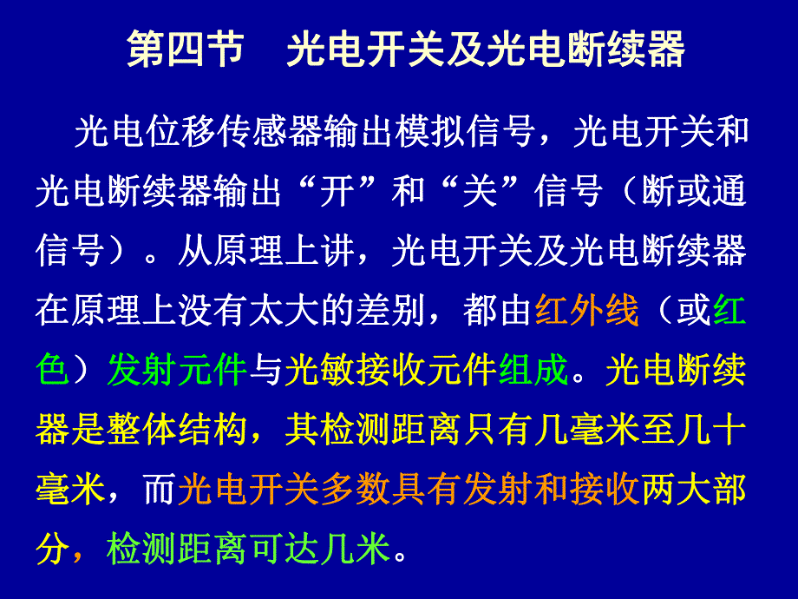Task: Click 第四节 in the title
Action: tap(185, 51)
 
